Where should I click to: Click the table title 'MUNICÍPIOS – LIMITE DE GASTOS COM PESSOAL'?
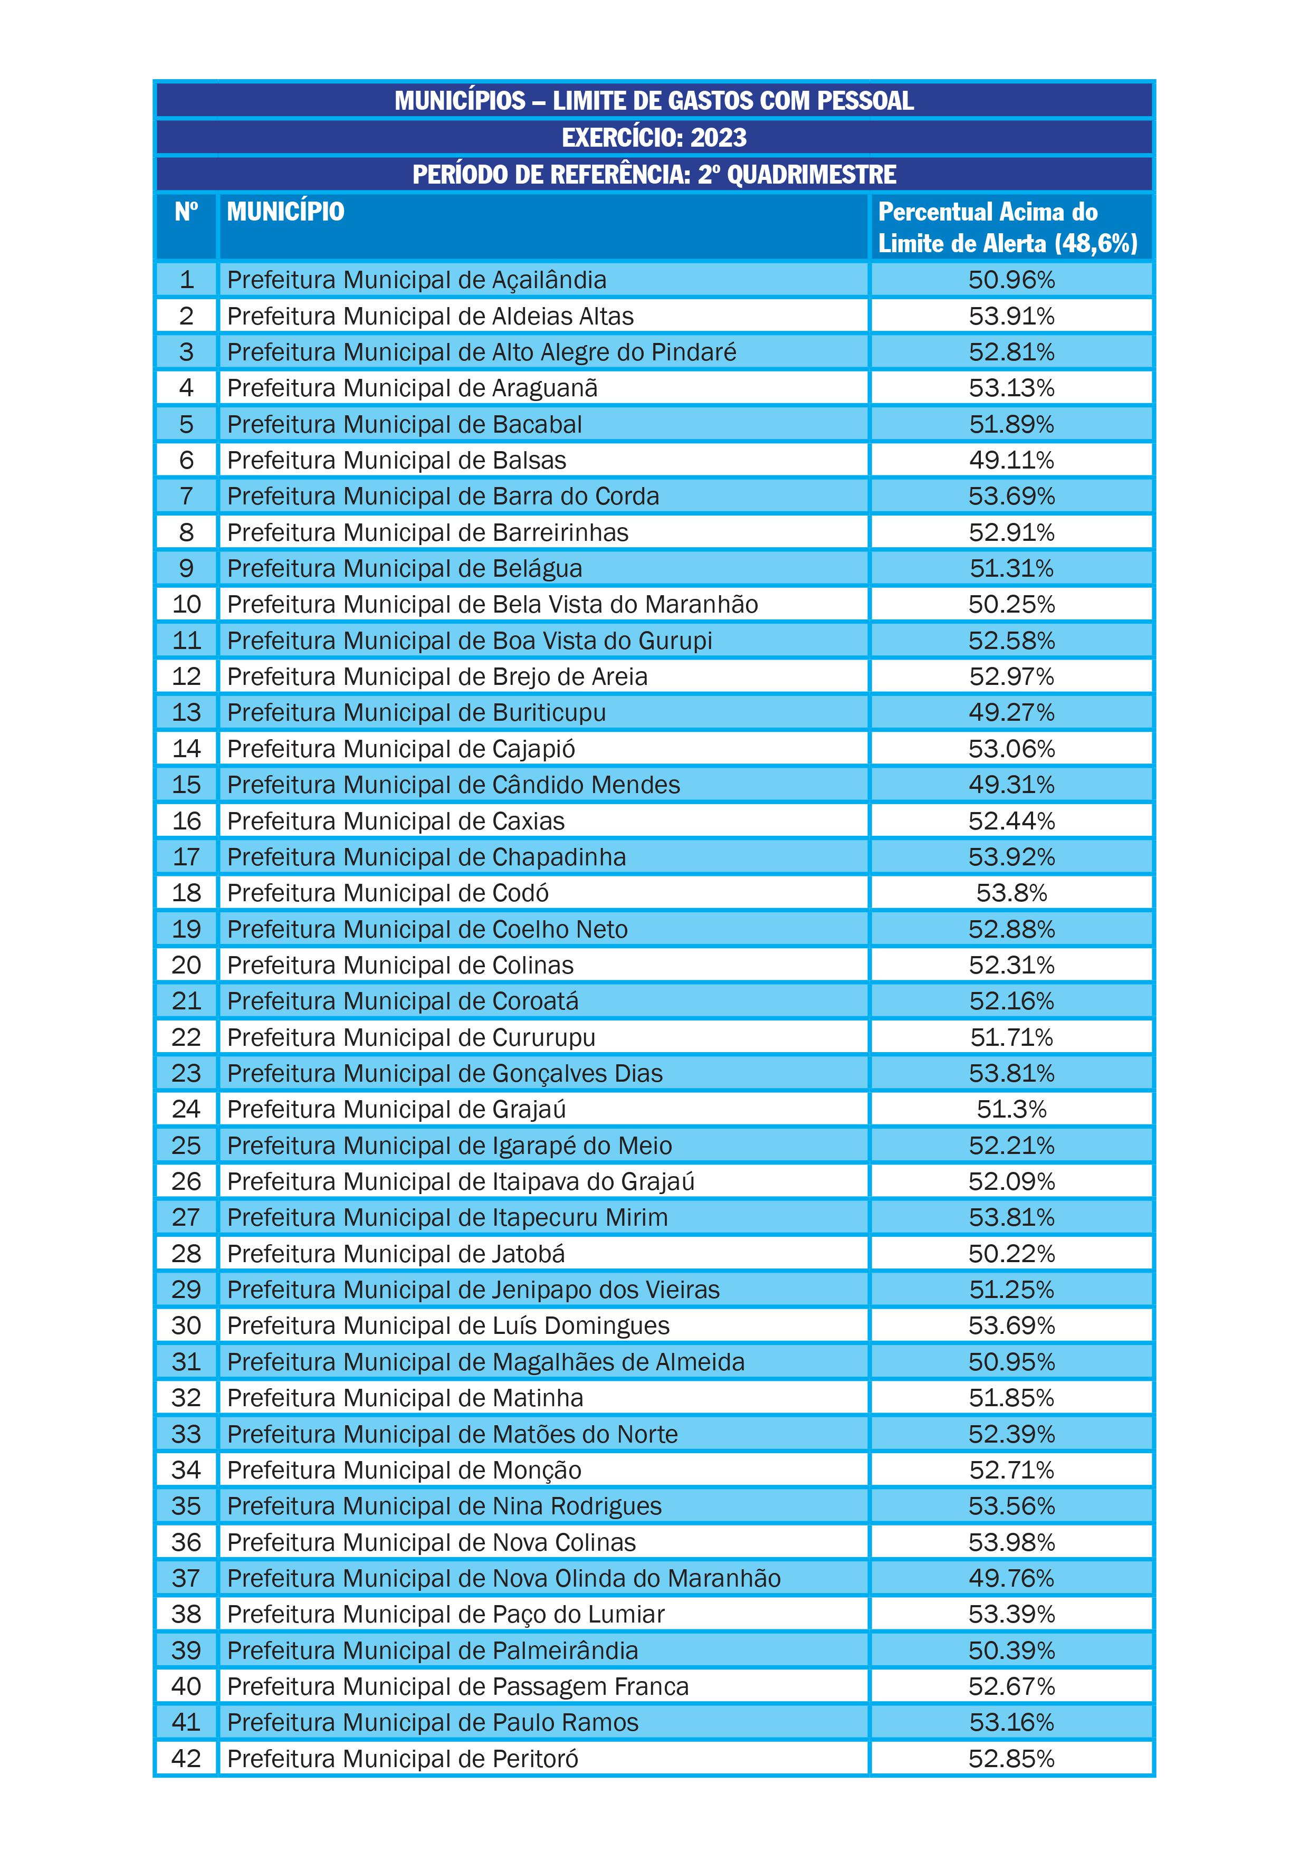point(654,101)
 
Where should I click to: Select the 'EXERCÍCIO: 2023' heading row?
point(654,137)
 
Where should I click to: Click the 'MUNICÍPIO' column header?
point(285,212)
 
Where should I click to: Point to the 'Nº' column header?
point(186,212)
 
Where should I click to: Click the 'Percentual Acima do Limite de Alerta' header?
point(1008,227)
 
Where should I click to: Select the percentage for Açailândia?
point(1011,280)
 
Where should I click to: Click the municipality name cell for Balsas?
point(397,460)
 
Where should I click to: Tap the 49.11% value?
point(1011,460)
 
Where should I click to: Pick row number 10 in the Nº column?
point(186,605)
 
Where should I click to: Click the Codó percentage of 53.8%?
point(1011,893)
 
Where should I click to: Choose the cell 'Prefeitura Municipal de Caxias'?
point(396,820)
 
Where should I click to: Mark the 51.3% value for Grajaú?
point(1011,1109)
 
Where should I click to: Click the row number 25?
point(186,1146)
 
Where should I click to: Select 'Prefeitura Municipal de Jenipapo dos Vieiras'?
point(473,1290)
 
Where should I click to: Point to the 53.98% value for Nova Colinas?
point(1011,1542)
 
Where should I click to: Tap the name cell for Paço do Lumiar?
point(446,1615)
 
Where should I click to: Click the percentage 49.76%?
point(1011,1579)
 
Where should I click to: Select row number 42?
point(186,1759)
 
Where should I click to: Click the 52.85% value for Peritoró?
point(1011,1759)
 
